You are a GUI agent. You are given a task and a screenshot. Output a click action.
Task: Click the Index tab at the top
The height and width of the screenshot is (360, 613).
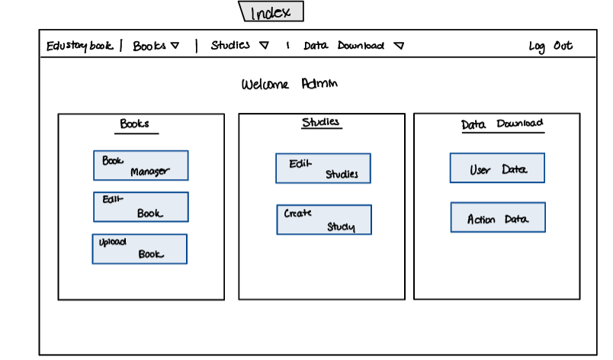pos(271,11)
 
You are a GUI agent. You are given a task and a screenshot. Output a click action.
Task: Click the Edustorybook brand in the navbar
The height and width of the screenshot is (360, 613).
pos(79,46)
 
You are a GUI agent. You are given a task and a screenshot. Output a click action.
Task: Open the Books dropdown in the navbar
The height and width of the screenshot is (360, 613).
pos(156,46)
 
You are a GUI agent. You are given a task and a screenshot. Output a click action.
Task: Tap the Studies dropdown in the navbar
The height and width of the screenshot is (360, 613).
pos(239,46)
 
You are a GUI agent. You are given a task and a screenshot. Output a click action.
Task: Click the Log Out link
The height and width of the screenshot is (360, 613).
pos(550,47)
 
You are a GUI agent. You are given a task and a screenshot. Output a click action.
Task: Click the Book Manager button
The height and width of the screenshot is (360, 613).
pos(141,166)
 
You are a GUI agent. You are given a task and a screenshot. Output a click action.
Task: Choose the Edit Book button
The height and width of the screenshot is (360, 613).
pos(141,207)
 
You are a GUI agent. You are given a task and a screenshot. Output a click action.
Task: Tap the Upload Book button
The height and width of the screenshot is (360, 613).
pos(140,249)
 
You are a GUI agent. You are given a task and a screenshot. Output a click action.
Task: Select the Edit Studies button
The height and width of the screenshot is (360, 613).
pos(323,169)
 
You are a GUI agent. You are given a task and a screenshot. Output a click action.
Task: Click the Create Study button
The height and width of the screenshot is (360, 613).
pos(324,220)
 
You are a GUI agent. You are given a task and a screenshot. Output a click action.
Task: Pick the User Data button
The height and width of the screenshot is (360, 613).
pos(497,169)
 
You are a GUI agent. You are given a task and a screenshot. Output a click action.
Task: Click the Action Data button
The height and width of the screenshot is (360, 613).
pos(498,217)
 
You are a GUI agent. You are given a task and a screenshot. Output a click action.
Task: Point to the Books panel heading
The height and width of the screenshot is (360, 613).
pos(134,124)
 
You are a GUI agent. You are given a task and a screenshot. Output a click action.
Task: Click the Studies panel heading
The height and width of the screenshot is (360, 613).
pos(320,122)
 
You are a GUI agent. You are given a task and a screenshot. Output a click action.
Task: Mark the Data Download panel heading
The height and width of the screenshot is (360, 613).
pos(502,124)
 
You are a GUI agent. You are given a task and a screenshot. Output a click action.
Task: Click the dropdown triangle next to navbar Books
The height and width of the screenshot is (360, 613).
pos(175,46)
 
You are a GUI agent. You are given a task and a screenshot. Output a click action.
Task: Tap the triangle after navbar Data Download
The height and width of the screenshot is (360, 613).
pos(399,46)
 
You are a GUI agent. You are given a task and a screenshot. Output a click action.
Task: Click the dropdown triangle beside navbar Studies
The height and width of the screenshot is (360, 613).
pos(264,46)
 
